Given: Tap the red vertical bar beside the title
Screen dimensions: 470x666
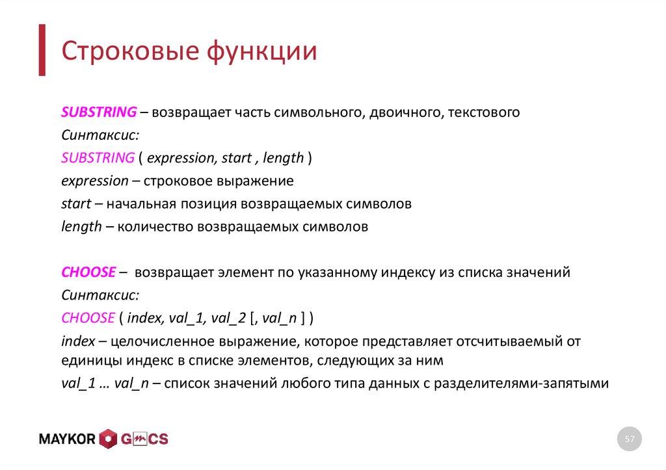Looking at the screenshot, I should (42, 50).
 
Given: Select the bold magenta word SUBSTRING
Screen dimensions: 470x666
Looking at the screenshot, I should (98, 112).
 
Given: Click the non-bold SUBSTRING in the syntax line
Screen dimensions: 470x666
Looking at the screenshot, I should (97, 157).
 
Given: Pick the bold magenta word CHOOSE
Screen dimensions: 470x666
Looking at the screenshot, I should (88, 272).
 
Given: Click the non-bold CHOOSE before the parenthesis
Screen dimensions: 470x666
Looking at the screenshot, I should (88, 318).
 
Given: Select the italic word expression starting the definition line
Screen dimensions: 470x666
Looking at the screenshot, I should (94, 181).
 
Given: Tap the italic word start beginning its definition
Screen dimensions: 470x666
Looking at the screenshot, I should (75, 204).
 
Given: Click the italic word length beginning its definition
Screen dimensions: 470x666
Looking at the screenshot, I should (81, 227).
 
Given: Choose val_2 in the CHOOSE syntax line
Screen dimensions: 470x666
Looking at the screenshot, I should (228, 319).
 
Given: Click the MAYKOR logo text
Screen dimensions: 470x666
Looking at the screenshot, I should (67, 439).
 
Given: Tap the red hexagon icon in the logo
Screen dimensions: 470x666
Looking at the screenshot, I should (108, 439).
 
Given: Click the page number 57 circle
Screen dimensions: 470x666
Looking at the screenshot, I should (629, 439).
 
